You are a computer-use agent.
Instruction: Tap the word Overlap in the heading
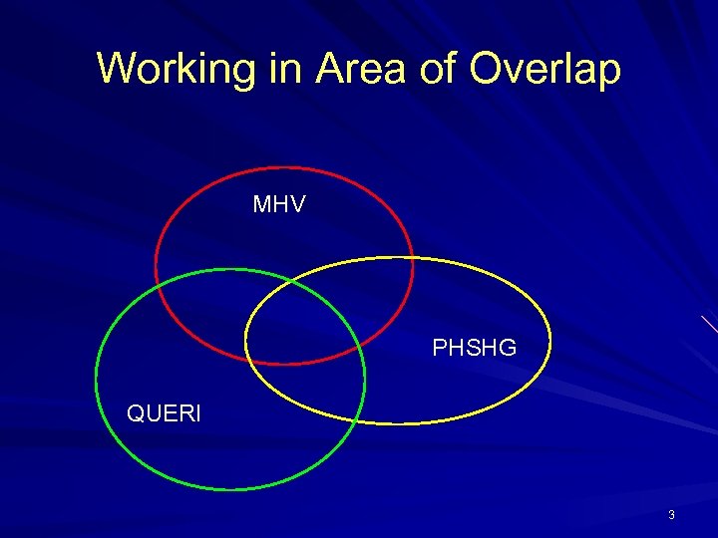coord(546,70)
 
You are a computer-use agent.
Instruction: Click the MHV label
coord(279,205)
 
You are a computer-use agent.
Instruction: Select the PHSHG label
coord(474,348)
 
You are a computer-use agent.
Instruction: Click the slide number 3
coord(671,515)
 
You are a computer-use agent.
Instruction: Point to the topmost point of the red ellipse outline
coord(284,166)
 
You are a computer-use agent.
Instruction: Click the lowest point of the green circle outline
coord(230,490)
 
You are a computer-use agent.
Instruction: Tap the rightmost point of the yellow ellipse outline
coord(550,341)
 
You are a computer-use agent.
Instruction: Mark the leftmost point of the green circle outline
coord(96,380)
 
